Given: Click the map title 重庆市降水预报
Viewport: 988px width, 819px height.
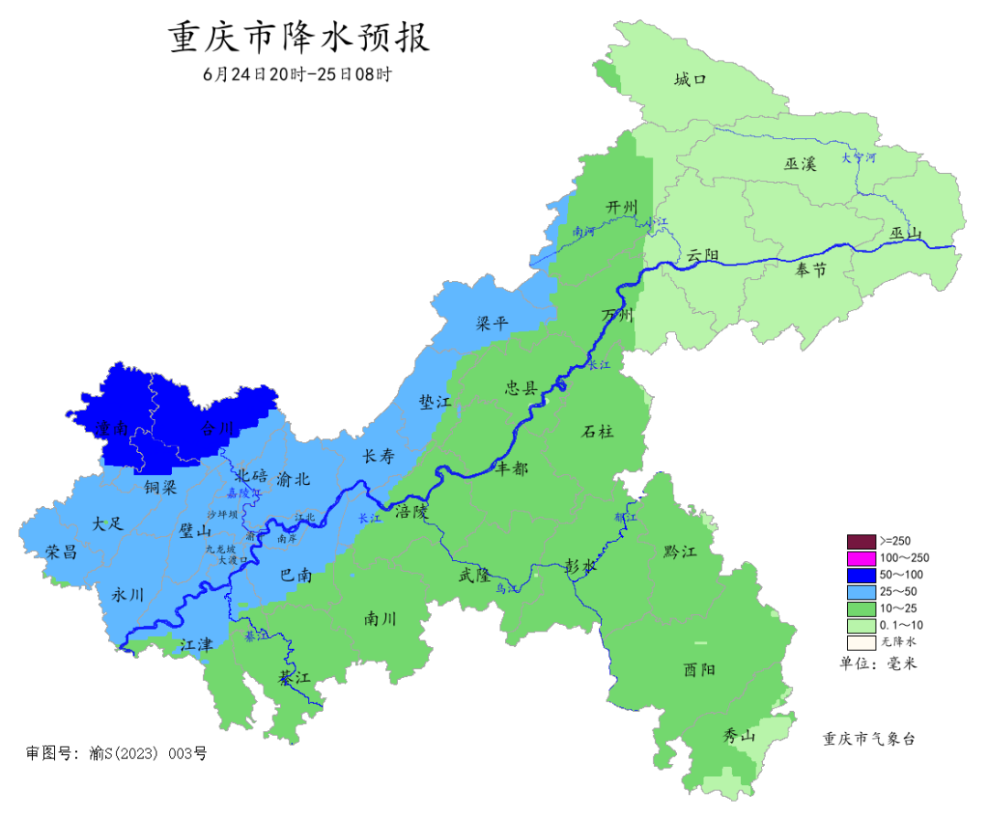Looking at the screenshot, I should [x=299, y=39].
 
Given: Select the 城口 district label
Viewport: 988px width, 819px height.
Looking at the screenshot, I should [x=691, y=80].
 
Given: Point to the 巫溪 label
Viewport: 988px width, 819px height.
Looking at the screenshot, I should [x=800, y=164].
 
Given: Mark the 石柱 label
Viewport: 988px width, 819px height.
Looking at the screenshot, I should [x=597, y=431].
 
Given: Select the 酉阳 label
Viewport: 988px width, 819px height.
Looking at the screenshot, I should [x=699, y=670].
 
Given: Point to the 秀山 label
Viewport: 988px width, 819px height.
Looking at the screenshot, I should [x=739, y=736].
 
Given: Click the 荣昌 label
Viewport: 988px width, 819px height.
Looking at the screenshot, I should [x=61, y=551].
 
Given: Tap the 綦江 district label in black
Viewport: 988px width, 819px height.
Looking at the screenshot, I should [x=295, y=678].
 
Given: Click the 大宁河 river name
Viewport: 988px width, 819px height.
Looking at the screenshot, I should [x=859, y=157].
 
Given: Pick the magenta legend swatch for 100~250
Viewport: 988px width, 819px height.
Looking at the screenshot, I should [x=862, y=557].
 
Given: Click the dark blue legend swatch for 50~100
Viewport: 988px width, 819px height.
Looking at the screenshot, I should [x=862, y=575].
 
